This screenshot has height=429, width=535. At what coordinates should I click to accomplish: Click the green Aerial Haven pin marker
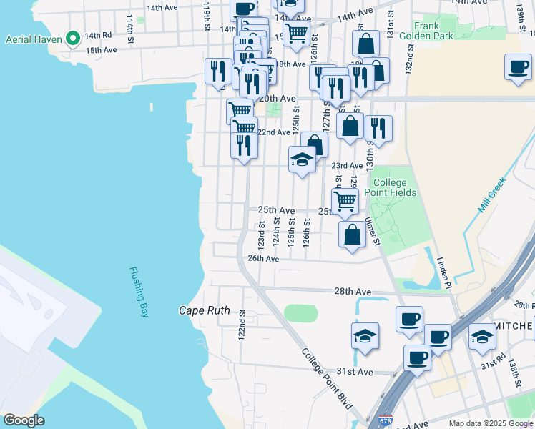point(72,39)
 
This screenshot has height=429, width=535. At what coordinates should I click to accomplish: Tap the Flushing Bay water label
point(139,292)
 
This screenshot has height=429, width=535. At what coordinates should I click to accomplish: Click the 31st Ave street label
point(355,372)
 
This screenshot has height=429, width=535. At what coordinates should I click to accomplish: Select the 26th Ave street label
point(262,259)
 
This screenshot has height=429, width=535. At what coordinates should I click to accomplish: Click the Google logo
point(24,420)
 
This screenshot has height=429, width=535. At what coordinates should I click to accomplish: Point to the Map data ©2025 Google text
point(491,423)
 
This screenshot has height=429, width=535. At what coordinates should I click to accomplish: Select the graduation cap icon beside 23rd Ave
point(303,160)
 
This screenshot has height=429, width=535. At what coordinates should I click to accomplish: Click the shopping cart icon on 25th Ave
point(345,201)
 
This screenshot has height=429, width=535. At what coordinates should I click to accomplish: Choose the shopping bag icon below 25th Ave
point(352,235)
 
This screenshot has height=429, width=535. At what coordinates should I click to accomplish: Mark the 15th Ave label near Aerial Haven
point(101,50)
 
